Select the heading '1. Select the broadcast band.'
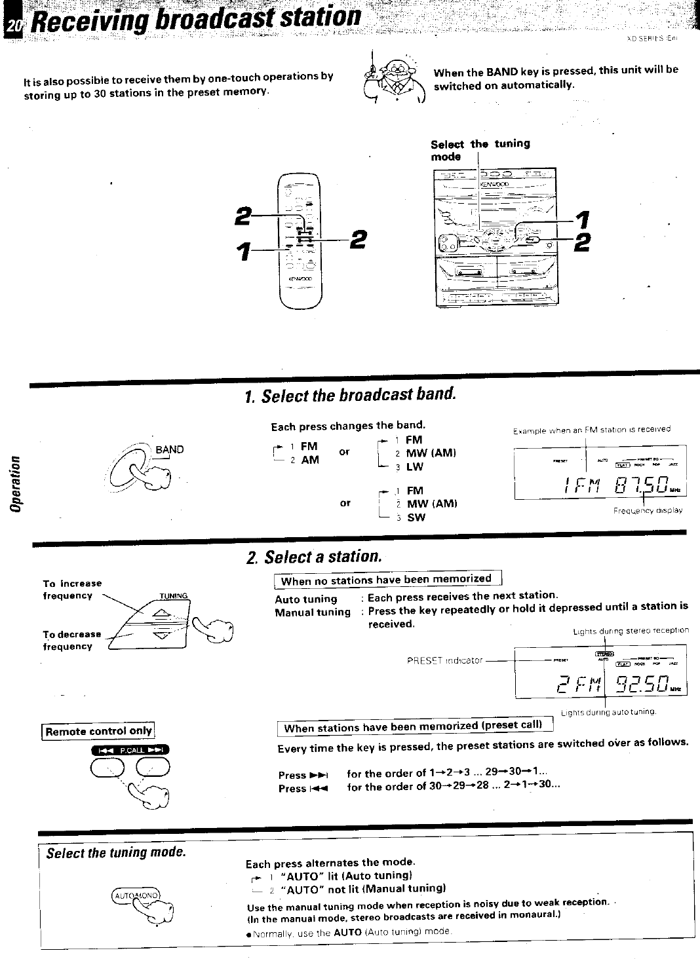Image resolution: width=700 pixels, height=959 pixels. tap(349, 396)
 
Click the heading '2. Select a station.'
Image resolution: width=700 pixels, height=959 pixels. tap(313, 557)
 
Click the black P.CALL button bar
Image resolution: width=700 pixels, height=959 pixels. tap(131, 750)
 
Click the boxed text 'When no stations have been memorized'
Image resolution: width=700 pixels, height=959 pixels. tap(387, 580)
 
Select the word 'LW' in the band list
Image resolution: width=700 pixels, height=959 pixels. tap(415, 467)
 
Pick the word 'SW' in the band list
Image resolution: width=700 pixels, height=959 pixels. tap(416, 517)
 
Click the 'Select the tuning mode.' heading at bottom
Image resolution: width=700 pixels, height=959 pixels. tap(117, 852)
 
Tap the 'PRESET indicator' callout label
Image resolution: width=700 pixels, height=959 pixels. tap(445, 660)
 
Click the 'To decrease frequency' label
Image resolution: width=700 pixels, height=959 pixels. tap(72, 640)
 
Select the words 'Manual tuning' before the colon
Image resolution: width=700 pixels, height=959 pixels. tap(313, 612)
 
